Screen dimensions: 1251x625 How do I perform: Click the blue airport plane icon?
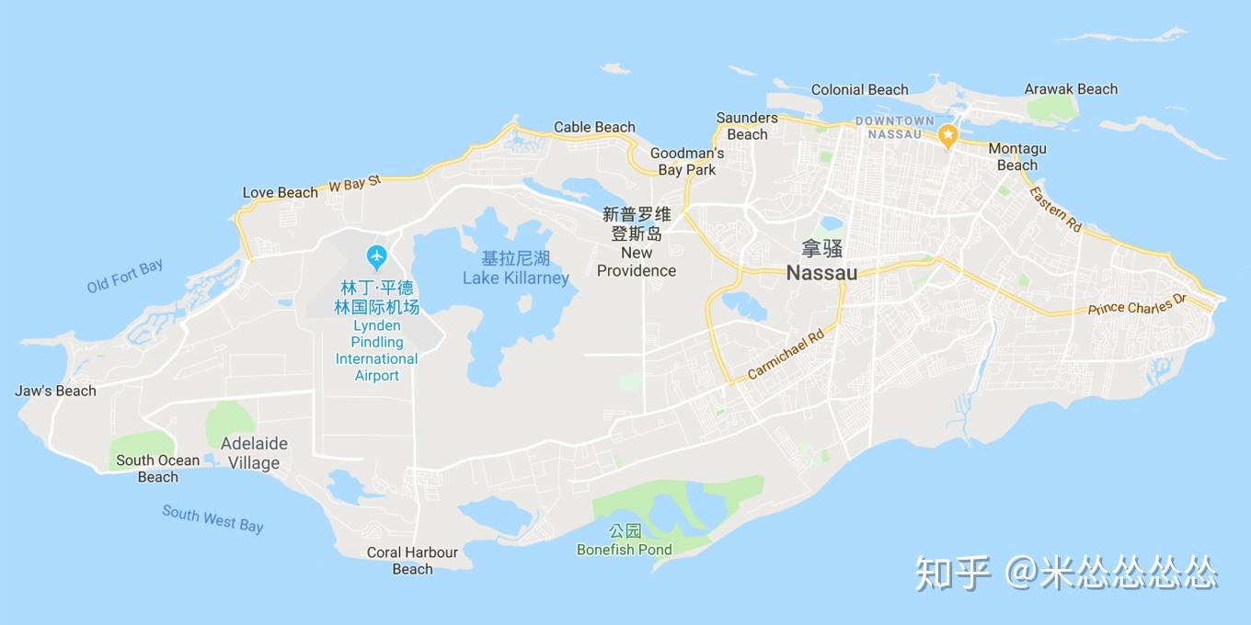(376, 255)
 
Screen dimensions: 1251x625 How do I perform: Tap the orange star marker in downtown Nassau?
(947, 136)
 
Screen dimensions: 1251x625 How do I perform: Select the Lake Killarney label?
(515, 278)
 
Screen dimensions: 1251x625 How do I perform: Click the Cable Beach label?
(594, 127)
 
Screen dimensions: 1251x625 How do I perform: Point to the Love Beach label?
(280, 192)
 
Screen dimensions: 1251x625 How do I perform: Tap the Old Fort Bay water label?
(125, 276)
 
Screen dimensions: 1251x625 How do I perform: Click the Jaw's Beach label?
(55, 391)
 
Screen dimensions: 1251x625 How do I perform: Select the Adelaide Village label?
(254, 453)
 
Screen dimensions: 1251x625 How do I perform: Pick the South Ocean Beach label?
(157, 469)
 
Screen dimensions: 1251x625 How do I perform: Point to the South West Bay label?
(212, 518)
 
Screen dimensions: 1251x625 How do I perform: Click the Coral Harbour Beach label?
(412, 561)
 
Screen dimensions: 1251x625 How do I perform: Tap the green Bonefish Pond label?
(624, 550)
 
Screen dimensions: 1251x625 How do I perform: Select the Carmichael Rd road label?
(786, 356)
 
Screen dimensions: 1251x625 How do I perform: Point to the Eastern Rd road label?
(1055, 209)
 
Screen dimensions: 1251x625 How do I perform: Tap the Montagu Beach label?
(1016, 157)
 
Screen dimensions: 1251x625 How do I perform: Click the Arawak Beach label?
(1071, 89)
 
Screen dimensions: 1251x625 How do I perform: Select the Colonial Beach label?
(859, 89)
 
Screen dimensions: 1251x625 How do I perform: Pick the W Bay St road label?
(354, 183)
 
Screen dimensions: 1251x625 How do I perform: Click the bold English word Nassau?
(821, 273)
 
